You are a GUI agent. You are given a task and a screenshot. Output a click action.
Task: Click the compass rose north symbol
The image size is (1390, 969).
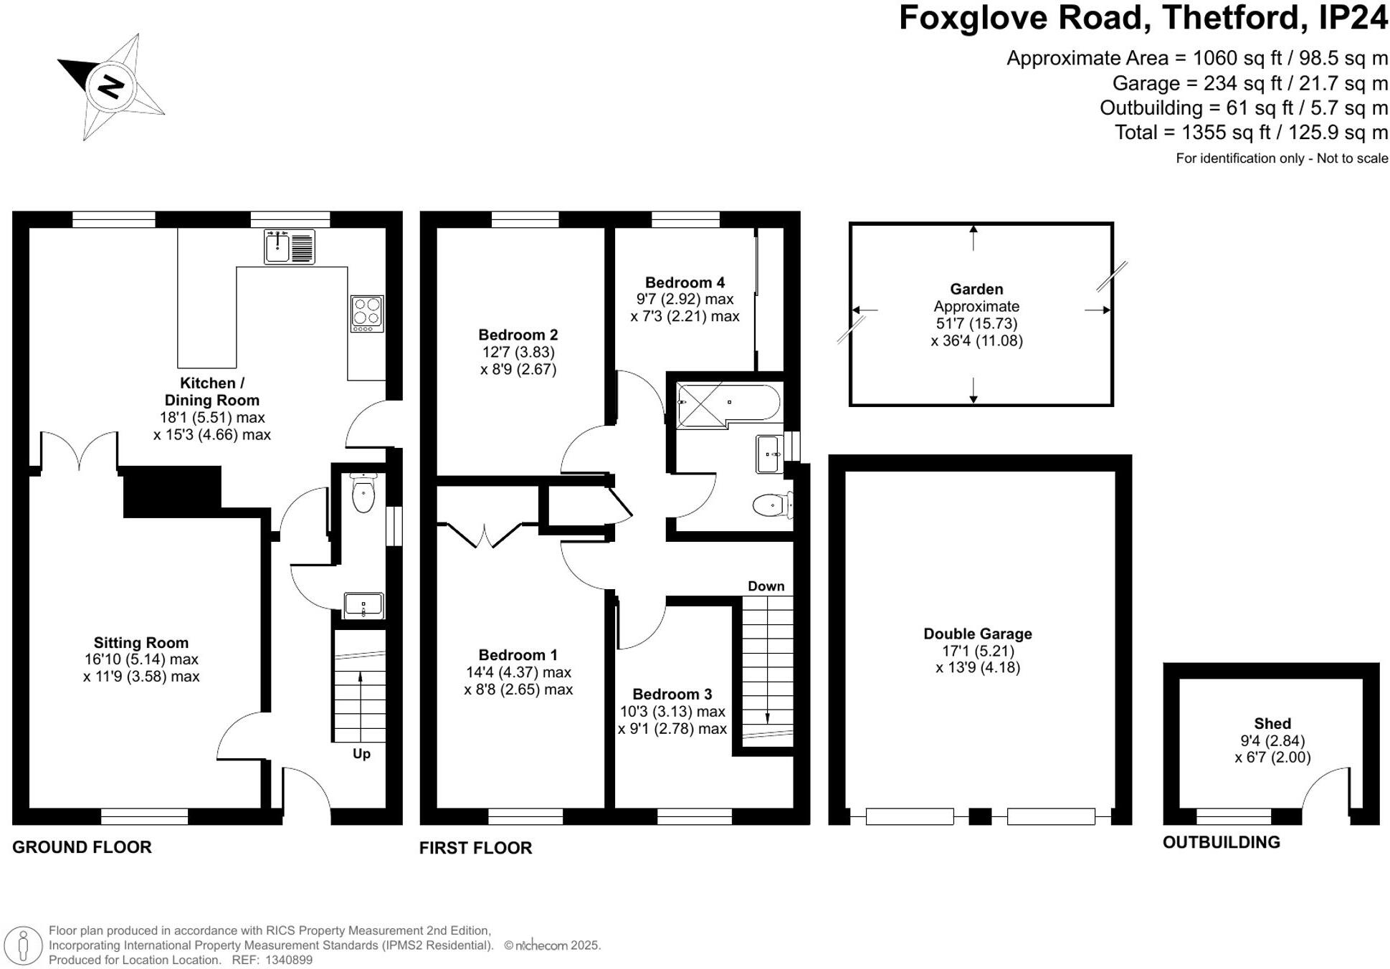point(110,87)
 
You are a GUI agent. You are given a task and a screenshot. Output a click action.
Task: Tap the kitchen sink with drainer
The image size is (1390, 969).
point(289,247)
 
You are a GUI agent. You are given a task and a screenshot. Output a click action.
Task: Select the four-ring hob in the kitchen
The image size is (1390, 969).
point(367,313)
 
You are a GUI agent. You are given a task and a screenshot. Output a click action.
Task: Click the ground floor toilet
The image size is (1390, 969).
point(363,495)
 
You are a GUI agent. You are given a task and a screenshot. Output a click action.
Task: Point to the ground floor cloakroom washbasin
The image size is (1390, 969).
point(363,605)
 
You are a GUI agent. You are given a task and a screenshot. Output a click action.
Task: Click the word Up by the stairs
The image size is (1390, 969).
point(361,753)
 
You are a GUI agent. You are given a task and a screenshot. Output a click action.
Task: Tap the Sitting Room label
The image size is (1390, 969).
point(141,643)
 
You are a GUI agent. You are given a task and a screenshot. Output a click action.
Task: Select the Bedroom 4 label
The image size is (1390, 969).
point(685,282)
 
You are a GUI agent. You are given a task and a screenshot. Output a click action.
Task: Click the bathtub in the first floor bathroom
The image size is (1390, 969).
point(728,404)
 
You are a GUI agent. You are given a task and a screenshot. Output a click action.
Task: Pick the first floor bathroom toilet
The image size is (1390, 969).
point(771,505)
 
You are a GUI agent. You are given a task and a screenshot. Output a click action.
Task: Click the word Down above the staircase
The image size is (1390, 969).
point(766,586)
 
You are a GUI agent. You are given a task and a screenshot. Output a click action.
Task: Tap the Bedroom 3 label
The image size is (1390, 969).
point(672,694)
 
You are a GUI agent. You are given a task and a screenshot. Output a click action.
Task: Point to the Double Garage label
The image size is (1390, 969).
point(977,634)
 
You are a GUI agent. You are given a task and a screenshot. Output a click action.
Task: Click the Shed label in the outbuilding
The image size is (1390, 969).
point(1272,724)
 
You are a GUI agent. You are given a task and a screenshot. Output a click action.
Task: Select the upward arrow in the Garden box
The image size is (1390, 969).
point(973,237)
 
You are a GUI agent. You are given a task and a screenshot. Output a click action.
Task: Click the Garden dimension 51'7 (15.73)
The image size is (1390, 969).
point(976,323)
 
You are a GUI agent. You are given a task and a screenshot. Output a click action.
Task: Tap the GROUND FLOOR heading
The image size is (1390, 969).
point(82,847)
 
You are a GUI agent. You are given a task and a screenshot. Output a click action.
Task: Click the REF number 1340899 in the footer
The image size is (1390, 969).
point(288,960)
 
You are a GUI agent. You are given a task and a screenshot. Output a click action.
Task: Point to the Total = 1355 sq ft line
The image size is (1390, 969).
point(1250,133)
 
